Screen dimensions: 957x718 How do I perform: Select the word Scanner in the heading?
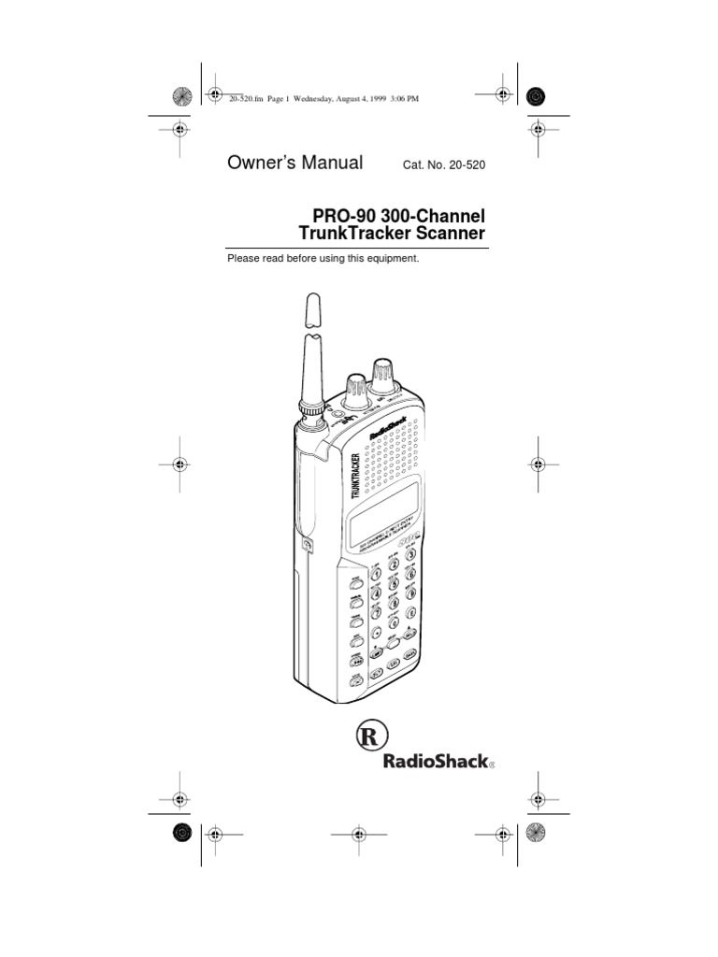pyautogui.click(x=446, y=234)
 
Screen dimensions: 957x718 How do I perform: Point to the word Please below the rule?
pyautogui.click(x=245, y=258)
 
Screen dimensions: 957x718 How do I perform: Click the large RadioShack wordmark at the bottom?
pyautogui.click(x=435, y=762)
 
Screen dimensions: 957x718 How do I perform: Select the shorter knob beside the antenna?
pyautogui.click(x=355, y=391)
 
